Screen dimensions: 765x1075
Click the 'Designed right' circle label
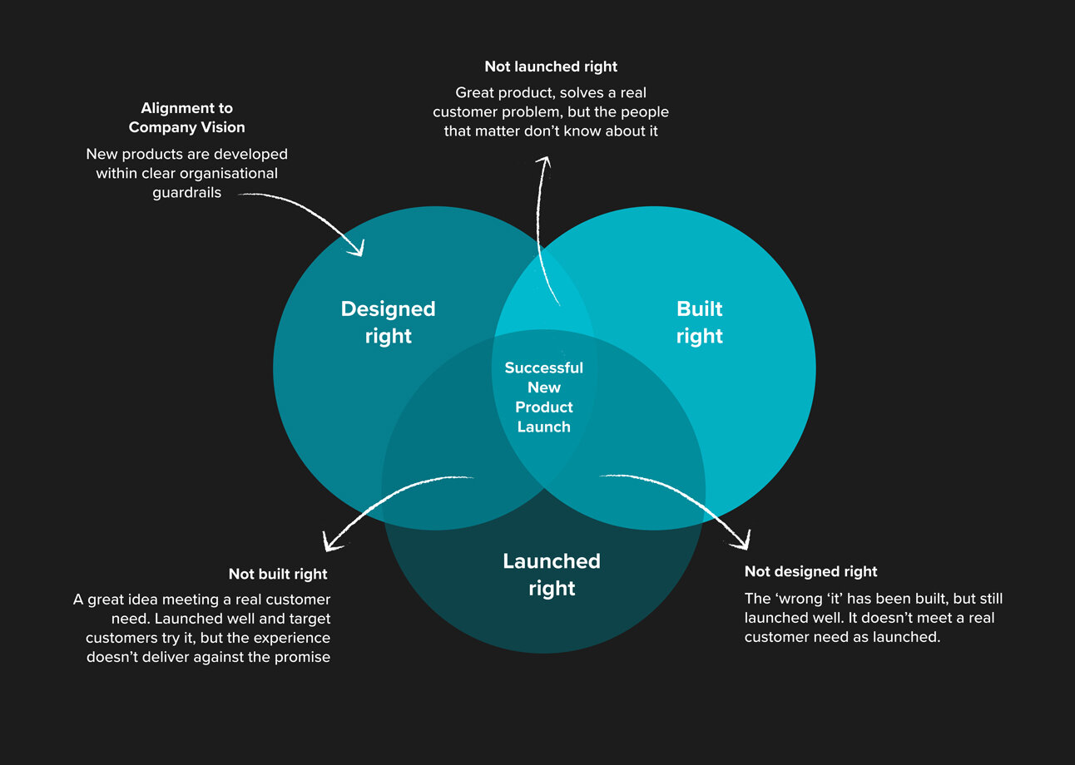pos(388,322)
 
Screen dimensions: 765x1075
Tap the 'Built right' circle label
pos(700,322)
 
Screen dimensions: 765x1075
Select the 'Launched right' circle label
pos(551,575)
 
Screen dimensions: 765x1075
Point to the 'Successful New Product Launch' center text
pos(543,397)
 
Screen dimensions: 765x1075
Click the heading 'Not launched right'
pos(551,67)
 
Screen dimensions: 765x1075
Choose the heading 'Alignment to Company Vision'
pos(186,118)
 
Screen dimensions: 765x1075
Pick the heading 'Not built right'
pos(278,575)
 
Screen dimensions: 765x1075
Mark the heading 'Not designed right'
pos(810,572)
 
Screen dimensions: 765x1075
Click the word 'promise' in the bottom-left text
pos(304,658)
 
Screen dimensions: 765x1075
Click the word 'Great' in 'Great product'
pos(476,93)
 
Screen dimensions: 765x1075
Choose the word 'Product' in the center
pos(543,407)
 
